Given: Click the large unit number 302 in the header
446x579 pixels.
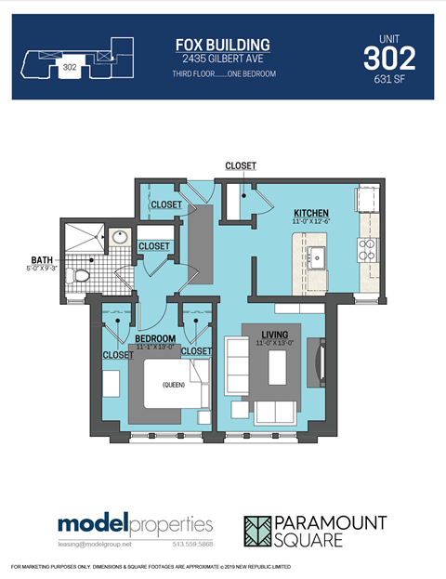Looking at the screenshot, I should (389, 59).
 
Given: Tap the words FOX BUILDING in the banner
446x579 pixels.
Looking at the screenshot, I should (223, 45).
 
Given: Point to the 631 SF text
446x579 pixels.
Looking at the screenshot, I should (389, 81).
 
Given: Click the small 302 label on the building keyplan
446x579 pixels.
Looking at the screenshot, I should (69, 67).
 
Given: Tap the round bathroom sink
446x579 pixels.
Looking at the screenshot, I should (118, 238).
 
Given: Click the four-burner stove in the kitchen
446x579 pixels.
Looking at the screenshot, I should (367, 248).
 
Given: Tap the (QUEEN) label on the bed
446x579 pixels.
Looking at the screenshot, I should (174, 384).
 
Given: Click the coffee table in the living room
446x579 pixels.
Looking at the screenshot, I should (275, 369).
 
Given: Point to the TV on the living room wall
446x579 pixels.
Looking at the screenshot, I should (321, 359).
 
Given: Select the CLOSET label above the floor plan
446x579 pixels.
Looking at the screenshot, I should (240, 165).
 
